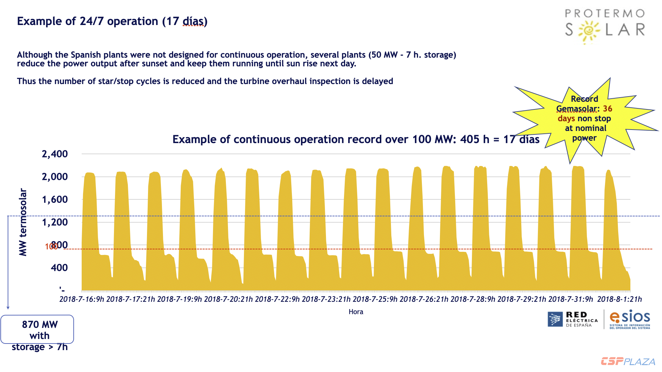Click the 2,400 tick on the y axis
pyautogui.click(x=55, y=154)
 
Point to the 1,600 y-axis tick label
pyautogui.click(x=55, y=199)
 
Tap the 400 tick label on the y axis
pyautogui.click(x=59, y=267)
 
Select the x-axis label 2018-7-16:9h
pyautogui.click(x=82, y=299)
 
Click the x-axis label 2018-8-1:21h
pyautogui.click(x=619, y=299)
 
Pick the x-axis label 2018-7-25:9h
pyautogui.click(x=375, y=299)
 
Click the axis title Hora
pyautogui.click(x=356, y=312)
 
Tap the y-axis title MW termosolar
pyautogui.click(x=23, y=222)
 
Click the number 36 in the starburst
pyautogui.click(x=607, y=109)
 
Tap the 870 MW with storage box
pyautogui.click(x=38, y=329)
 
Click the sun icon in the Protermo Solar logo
pyautogui.click(x=588, y=31)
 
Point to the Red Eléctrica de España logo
pyautogui.click(x=573, y=319)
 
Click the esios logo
pyautogui.click(x=630, y=319)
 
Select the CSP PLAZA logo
pyautogui.click(x=628, y=361)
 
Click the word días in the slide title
pyautogui.click(x=193, y=21)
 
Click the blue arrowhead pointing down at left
pyautogui.click(x=8, y=307)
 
